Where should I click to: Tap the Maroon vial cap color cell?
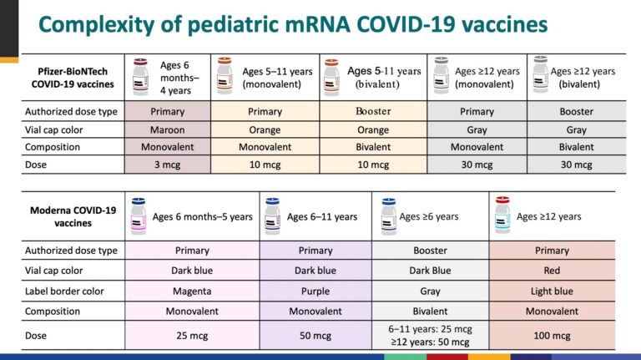[167, 130]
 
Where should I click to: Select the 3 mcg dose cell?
[167, 165]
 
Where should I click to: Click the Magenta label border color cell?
[192, 292]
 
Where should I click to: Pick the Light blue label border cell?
[552, 292]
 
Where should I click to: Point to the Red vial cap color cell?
[552, 271]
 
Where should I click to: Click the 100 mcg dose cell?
[552, 336]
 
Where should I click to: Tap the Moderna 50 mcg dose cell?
[315, 336]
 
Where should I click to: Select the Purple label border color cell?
[315, 292]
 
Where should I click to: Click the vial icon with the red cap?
[502, 215]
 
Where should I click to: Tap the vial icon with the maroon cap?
[140, 77]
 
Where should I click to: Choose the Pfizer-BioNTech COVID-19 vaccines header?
[73, 78]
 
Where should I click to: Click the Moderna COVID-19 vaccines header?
[73, 217]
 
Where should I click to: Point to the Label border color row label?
[64, 292]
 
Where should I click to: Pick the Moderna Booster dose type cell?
[430, 251]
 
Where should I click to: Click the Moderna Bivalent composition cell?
[430, 312]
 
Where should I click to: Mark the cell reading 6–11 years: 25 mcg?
[430, 329]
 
